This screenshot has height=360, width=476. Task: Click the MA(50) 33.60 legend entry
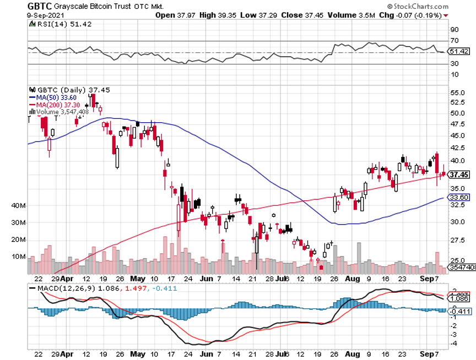click(x=56, y=97)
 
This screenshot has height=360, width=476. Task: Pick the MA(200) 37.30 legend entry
click(x=57, y=105)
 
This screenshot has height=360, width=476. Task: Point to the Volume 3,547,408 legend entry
click(x=59, y=112)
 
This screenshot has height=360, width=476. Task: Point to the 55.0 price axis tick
click(x=458, y=94)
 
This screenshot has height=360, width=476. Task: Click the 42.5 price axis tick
click(x=458, y=148)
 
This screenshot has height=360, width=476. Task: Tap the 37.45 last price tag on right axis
click(x=459, y=174)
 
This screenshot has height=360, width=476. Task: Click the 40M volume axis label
click(x=19, y=206)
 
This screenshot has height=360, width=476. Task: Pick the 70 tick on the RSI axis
click(x=455, y=41)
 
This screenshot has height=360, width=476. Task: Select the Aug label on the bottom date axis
click(x=350, y=355)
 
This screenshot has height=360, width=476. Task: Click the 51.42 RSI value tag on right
click(x=459, y=51)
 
